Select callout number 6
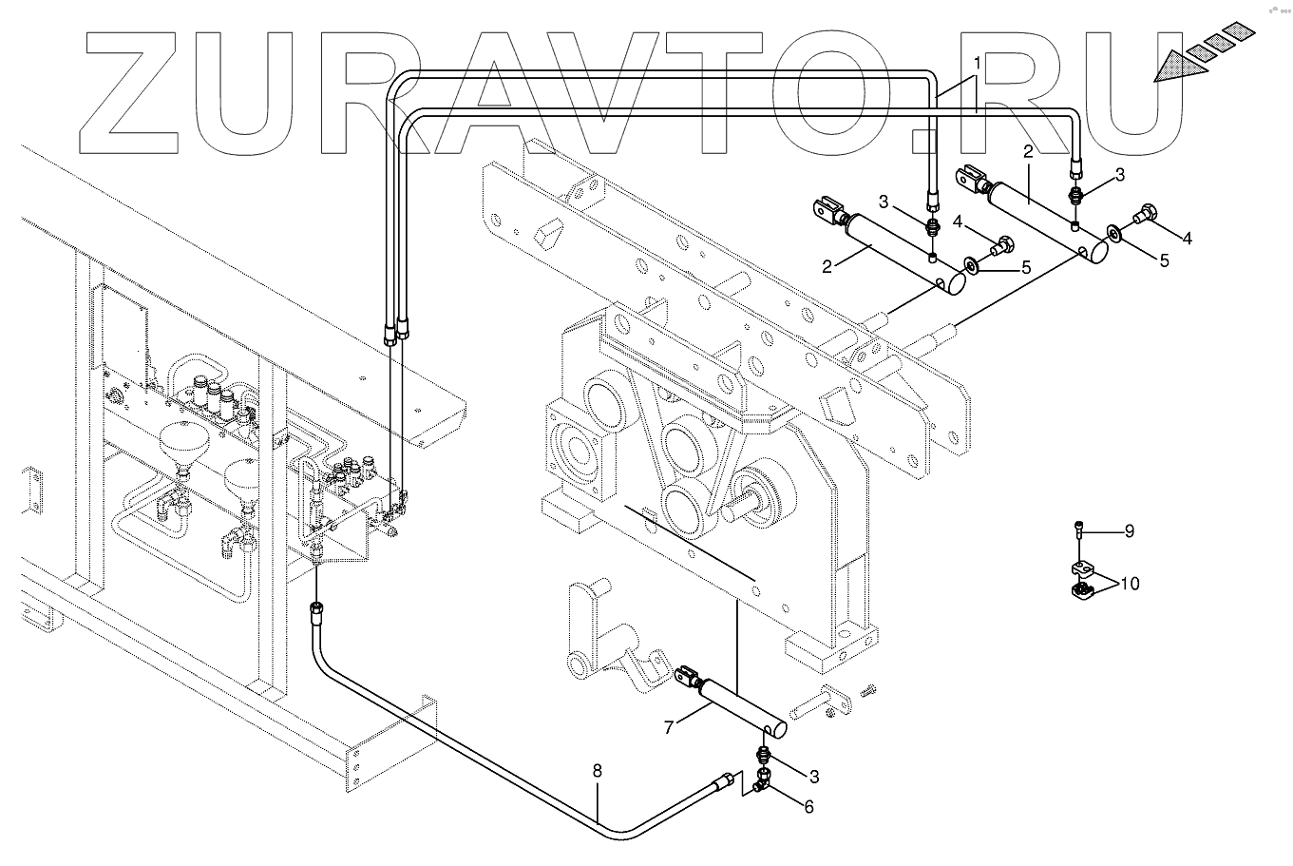[808, 806]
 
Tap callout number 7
[669, 727]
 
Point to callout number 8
[598, 772]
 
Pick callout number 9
[1130, 531]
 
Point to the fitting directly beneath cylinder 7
[763, 755]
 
